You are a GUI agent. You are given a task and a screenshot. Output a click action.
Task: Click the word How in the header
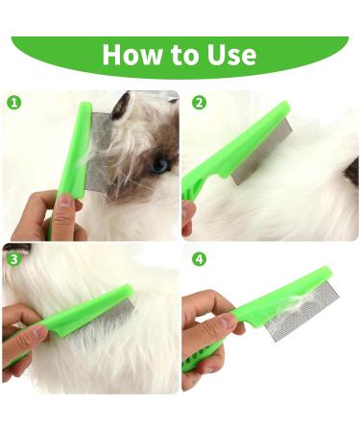132,54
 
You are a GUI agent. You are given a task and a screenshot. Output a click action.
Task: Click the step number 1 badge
13,102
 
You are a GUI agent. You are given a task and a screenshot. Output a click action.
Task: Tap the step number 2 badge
199,102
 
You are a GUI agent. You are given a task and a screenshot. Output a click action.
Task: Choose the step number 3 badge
13,257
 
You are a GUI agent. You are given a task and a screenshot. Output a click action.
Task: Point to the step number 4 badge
199,257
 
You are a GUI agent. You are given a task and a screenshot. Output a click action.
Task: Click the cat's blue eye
159,164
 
